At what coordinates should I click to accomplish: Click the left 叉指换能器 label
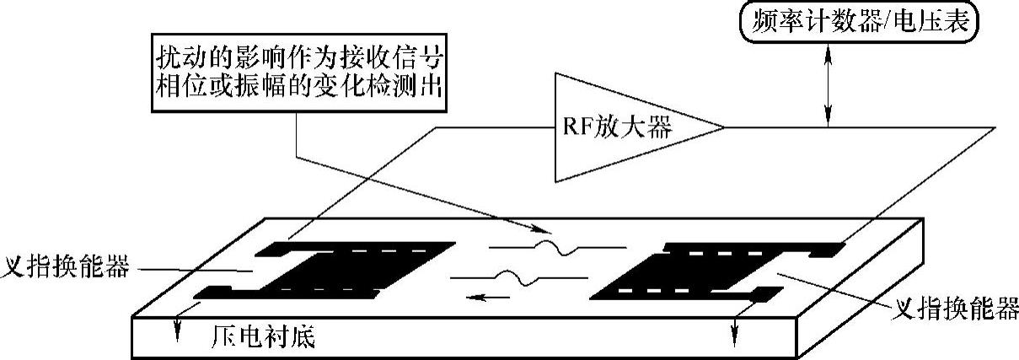[66, 268]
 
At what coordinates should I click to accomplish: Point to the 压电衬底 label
[262, 339]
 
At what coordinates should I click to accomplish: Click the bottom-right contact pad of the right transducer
[765, 294]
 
